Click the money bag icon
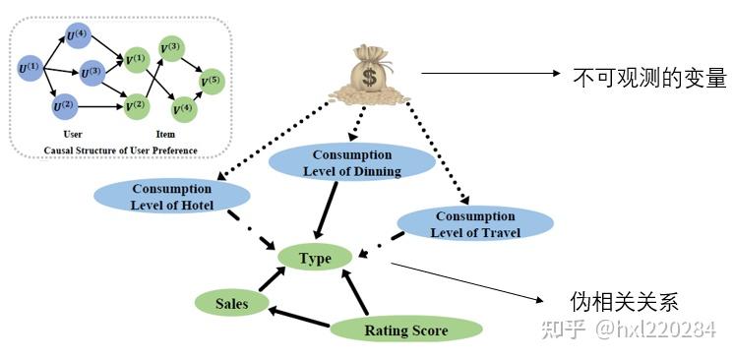pos(372,73)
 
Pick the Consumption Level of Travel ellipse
pos(474,223)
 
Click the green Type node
pos(315,258)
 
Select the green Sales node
pos(231,304)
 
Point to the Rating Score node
pos(405,330)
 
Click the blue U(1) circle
pos(30,68)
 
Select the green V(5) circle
pos(211,79)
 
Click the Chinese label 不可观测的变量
pos(648,78)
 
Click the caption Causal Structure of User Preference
pos(120,150)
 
